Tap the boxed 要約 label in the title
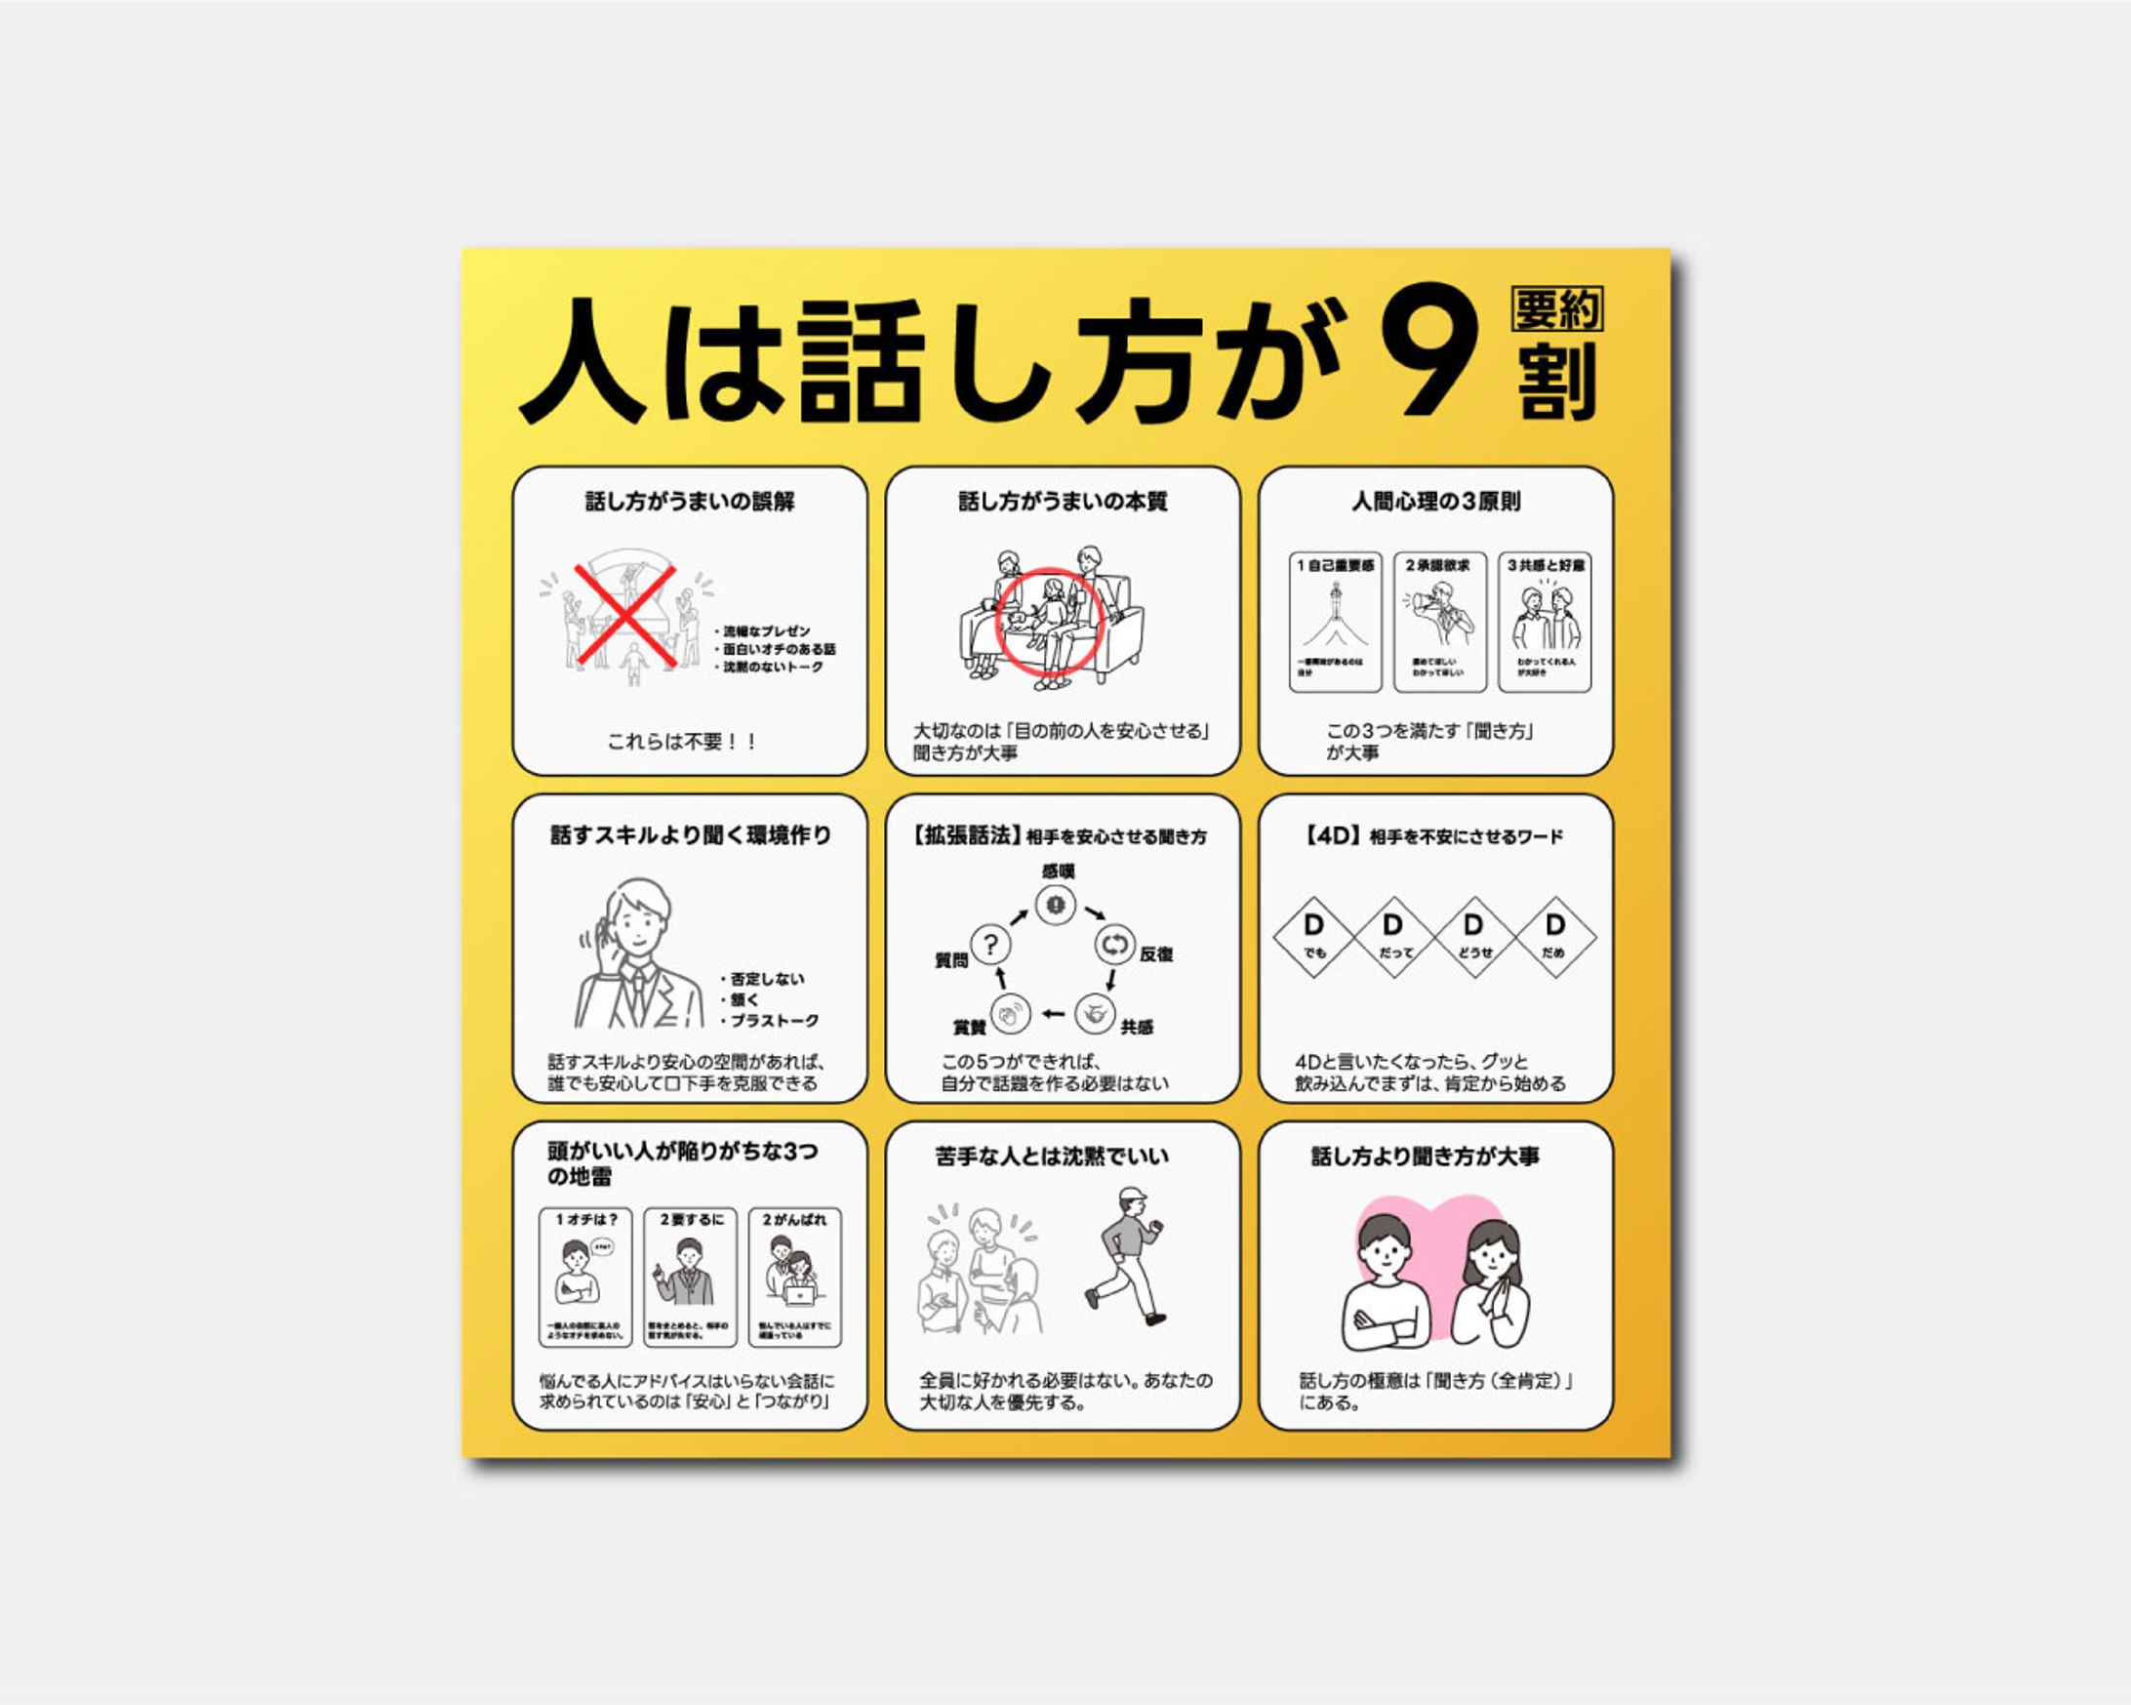tap(1556, 309)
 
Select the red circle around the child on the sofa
tap(1049, 622)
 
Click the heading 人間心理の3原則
tap(1435, 502)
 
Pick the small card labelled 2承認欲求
tap(1439, 622)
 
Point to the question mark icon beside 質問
tap(990, 944)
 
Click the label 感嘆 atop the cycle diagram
tap(1057, 872)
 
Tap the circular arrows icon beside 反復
tap(1114, 944)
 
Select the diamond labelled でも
tap(1312, 937)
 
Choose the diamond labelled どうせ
tap(1473, 937)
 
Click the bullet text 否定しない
tap(766, 979)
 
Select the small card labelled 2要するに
tap(690, 1277)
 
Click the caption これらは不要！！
tap(683, 742)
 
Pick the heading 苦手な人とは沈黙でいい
tap(1052, 1156)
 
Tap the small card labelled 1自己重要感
tap(1335, 622)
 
